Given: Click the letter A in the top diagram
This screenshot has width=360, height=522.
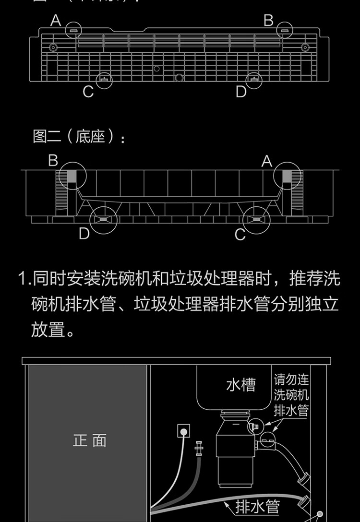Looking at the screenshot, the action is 56,20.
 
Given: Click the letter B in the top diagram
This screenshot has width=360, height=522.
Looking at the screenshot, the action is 268,20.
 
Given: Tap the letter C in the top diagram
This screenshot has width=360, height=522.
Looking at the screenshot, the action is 88,92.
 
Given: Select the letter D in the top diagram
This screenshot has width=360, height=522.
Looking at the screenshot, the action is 241,91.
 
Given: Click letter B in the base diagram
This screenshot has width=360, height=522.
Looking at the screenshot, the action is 53,161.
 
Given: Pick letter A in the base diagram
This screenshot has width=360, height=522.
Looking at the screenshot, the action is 267,162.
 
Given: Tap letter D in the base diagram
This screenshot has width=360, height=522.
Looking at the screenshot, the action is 84,234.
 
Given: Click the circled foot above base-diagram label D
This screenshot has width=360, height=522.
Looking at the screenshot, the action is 104,220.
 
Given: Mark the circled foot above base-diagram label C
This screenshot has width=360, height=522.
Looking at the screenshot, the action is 256,220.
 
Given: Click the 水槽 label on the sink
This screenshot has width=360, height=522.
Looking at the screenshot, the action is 241,385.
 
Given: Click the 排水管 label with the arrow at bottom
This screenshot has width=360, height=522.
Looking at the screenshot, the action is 258,506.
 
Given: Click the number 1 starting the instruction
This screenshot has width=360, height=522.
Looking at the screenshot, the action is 22,278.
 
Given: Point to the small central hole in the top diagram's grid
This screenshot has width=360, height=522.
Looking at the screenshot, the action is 156,69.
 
